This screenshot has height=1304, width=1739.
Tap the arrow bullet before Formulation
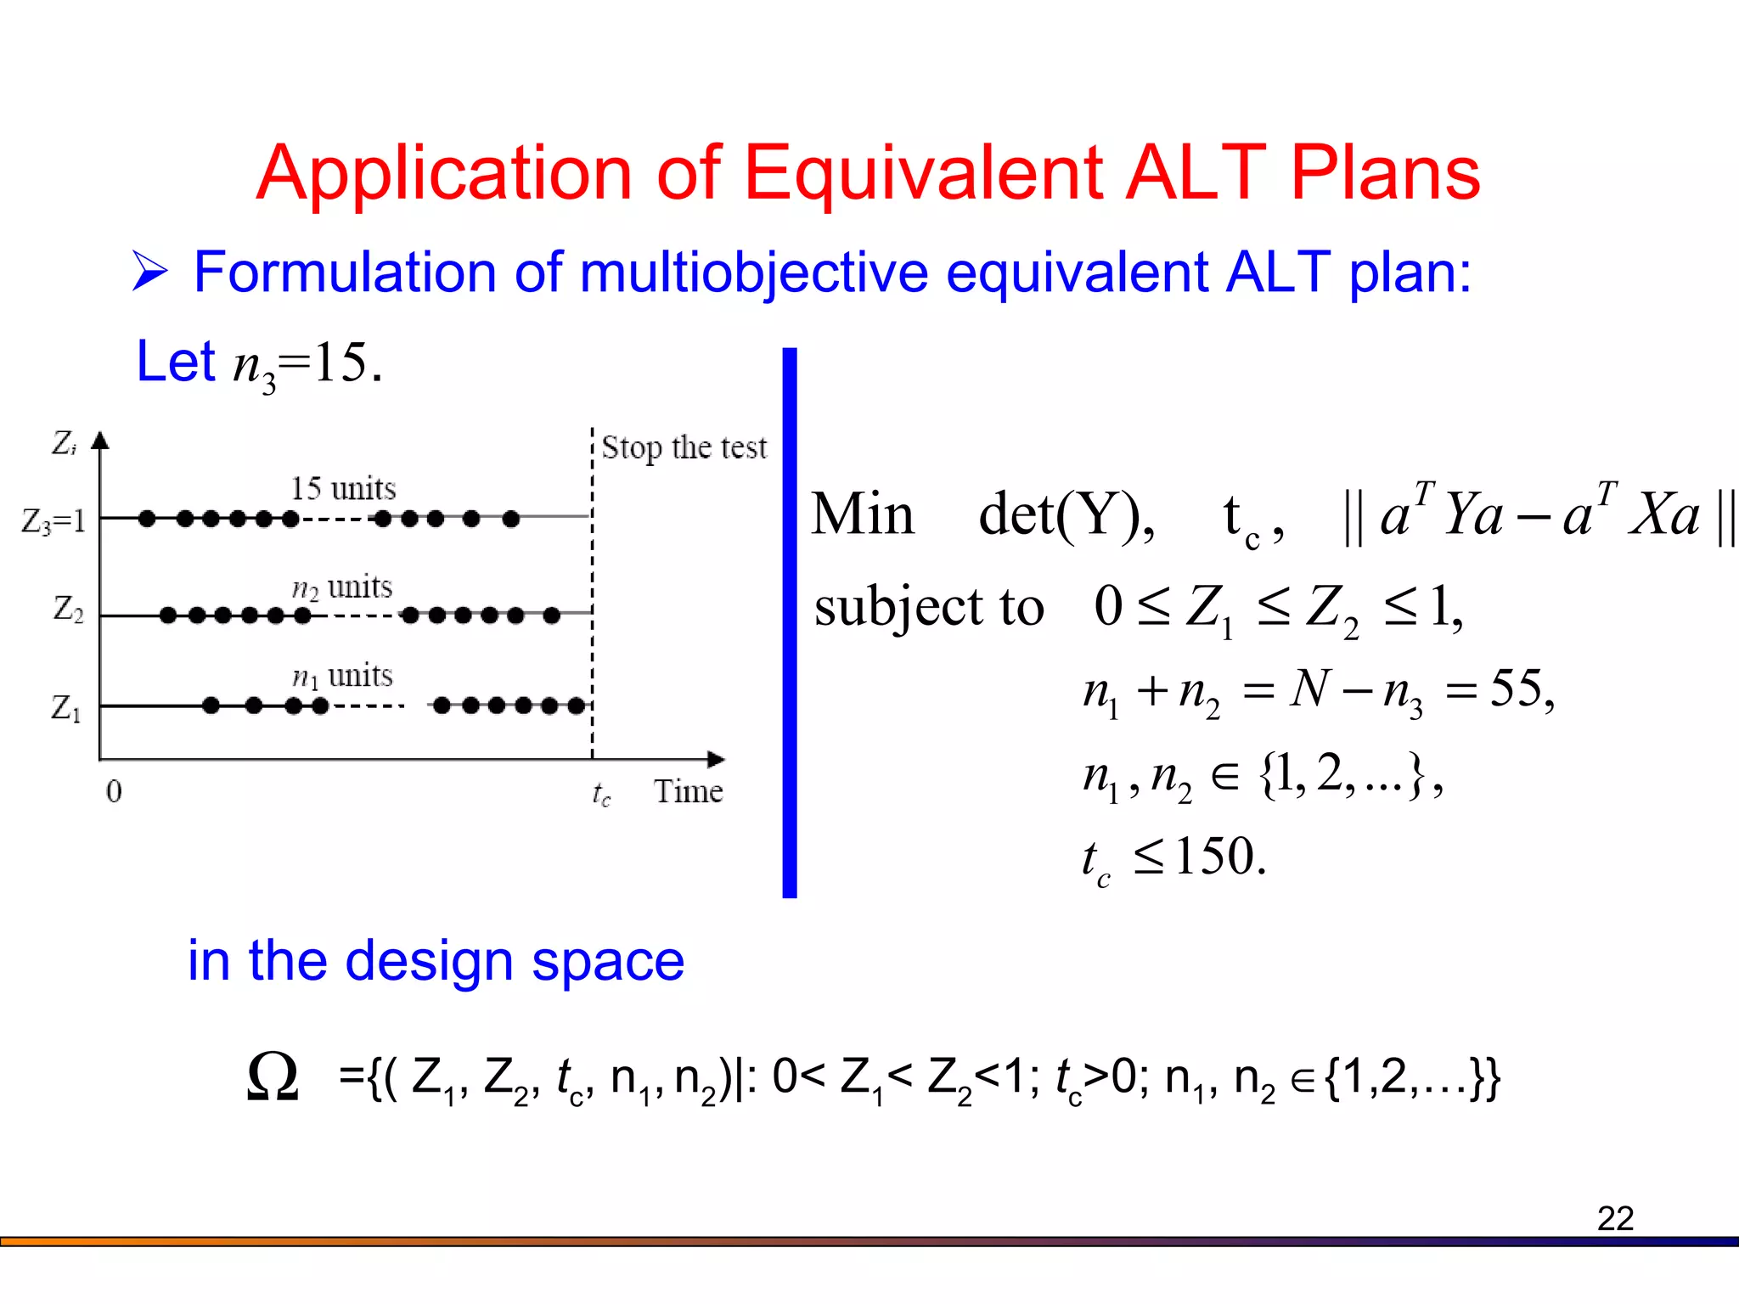pyautogui.click(x=150, y=273)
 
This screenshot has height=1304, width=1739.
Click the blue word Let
pyautogui.click(x=176, y=362)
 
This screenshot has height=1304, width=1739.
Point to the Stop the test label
pyautogui.click(x=684, y=448)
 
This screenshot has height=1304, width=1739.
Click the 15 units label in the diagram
pyautogui.click(x=343, y=489)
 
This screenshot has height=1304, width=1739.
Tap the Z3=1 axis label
pyautogui.click(x=53, y=520)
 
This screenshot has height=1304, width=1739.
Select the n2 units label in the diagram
pyautogui.click(x=341, y=587)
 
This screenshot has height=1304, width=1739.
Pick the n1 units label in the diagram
pyautogui.click(x=342, y=677)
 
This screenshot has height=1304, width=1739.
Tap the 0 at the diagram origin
pyautogui.click(x=114, y=792)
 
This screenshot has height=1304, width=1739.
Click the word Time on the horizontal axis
pyautogui.click(x=688, y=792)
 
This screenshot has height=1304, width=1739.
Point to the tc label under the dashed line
pyautogui.click(x=601, y=795)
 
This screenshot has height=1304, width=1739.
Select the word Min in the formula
pyautogui.click(x=863, y=514)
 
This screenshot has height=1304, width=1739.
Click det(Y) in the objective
pyautogui.click(x=1066, y=514)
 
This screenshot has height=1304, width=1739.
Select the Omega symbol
pyautogui.click(x=273, y=1076)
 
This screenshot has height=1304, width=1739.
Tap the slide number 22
pyautogui.click(x=1614, y=1218)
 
